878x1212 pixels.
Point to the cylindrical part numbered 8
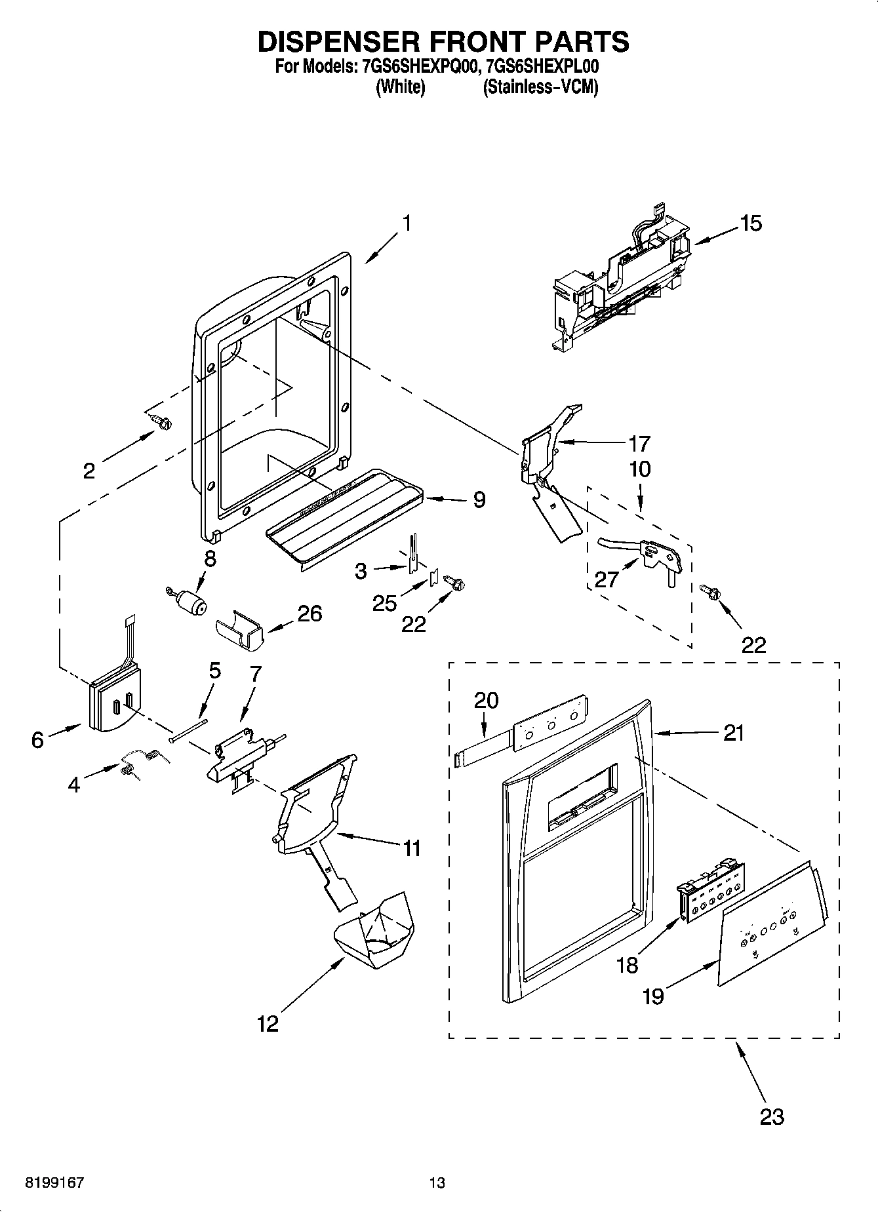click(x=190, y=600)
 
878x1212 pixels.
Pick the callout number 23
click(x=771, y=1116)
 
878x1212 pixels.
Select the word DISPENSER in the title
click(x=338, y=41)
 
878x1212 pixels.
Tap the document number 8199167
click(x=54, y=1183)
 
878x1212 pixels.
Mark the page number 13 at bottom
click(x=437, y=1183)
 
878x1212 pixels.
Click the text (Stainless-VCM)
click(x=540, y=87)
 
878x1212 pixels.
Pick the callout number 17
click(x=639, y=444)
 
